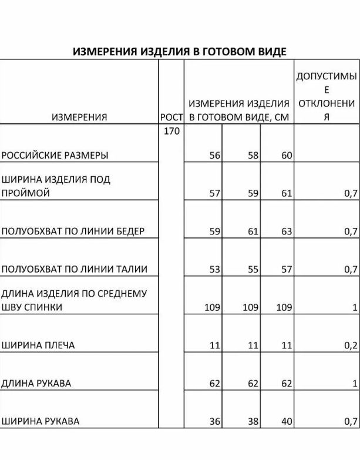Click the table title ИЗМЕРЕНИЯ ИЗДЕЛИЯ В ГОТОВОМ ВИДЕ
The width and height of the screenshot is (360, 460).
(x=180, y=51)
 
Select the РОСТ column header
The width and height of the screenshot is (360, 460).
(x=171, y=117)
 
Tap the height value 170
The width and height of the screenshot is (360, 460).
(x=171, y=131)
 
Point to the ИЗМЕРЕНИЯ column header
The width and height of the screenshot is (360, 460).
(x=79, y=117)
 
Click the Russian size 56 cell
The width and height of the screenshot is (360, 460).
(x=214, y=156)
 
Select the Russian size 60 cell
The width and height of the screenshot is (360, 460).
(x=287, y=156)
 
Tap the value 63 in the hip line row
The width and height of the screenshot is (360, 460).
(x=287, y=231)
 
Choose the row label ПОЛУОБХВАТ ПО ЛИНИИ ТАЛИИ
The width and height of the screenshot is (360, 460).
(x=74, y=269)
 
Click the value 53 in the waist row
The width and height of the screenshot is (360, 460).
(x=214, y=269)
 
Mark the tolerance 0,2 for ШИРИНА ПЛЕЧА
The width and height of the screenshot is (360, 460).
(x=351, y=345)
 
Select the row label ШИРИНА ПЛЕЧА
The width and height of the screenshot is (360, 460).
(x=39, y=345)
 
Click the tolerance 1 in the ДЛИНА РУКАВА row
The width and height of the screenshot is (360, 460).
(x=354, y=384)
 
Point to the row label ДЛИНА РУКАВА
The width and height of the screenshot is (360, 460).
(x=36, y=383)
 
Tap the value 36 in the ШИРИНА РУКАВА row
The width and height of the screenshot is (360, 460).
(x=214, y=421)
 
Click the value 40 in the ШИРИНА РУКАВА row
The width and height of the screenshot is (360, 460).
(x=287, y=421)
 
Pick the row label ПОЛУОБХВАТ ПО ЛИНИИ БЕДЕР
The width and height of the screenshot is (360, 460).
(x=73, y=231)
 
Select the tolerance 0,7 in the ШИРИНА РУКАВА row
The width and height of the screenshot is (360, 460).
(x=351, y=421)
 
